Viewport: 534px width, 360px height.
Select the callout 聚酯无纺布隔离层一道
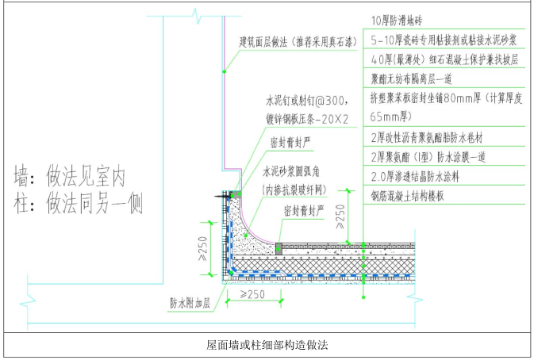pyautogui.click(x=411, y=79)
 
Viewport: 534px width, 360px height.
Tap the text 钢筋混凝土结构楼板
pyautogui.click(x=405, y=193)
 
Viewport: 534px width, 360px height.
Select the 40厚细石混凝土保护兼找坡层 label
pyautogui.click(x=433, y=59)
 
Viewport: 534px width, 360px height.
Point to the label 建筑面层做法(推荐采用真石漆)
pyautogui.click(x=298, y=40)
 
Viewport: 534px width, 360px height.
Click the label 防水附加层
pyautogui.click(x=189, y=302)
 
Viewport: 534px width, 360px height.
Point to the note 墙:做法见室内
pyautogui.click(x=72, y=172)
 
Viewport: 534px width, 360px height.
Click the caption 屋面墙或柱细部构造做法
pyautogui.click(x=267, y=347)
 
